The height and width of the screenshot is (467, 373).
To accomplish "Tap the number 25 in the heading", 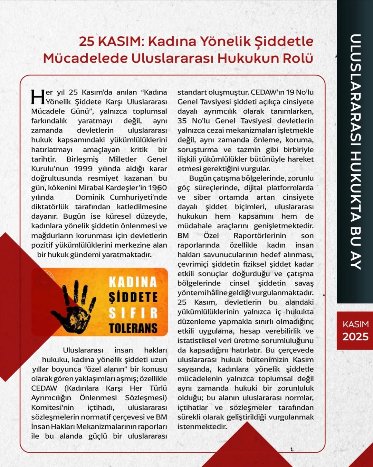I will pos(86,42).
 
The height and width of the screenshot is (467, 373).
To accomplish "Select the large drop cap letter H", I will pos(38,97).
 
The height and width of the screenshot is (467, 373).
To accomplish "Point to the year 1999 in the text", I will pos(83,169).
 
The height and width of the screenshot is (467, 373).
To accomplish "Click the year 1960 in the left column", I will pos(157,188).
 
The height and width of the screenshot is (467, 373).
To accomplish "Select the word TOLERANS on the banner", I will pos(133,328).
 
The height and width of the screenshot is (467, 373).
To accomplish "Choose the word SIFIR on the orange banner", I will pos(133,313).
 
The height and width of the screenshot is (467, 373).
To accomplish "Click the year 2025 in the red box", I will pos(355,337).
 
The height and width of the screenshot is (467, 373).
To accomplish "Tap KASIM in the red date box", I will pos(355,324).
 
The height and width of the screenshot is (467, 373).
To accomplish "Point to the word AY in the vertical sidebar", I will pos(355,258).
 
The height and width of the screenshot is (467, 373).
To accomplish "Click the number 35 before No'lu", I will pos(182,121).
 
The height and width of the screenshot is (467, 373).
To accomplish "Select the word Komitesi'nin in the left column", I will pos(52,408).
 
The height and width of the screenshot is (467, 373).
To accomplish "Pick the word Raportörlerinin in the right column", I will pos(260,236).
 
